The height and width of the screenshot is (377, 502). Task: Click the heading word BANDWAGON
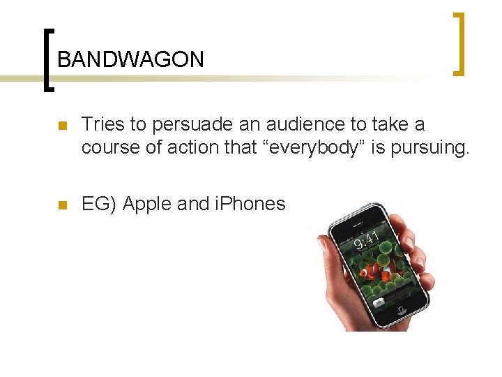[x=130, y=59]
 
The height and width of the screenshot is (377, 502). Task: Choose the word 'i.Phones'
[x=251, y=204]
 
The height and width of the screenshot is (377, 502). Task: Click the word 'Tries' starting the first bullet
[x=103, y=124]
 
